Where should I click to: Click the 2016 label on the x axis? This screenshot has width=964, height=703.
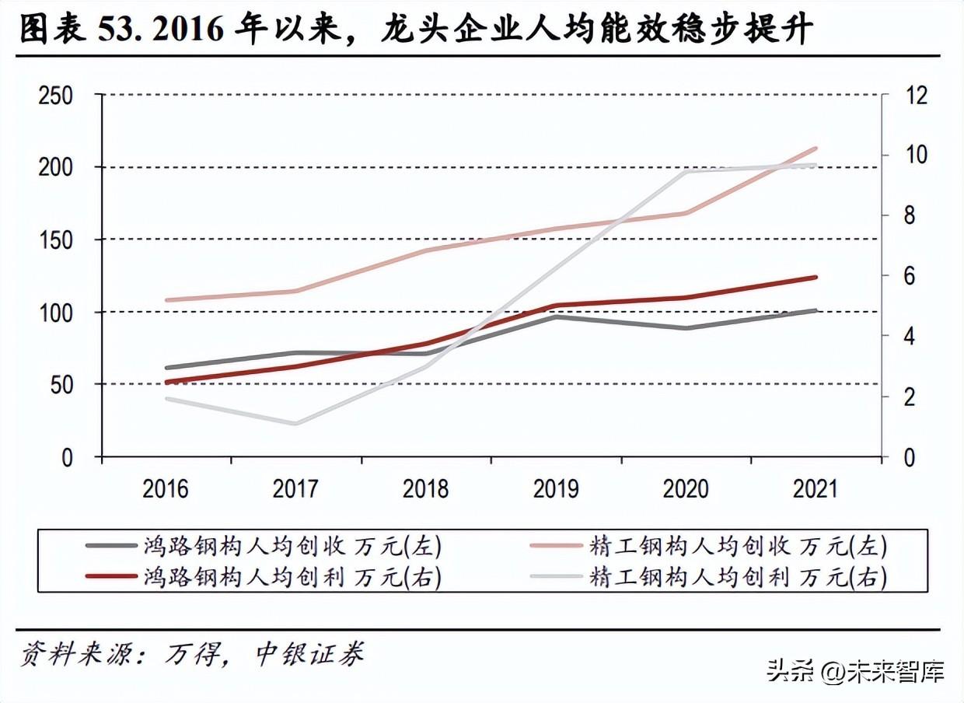(166, 489)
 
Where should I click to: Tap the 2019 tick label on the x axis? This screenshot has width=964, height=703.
(556, 489)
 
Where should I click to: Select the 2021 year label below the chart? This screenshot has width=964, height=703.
(816, 489)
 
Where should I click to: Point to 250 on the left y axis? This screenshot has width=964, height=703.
(56, 96)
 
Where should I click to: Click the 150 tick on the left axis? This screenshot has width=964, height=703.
(56, 240)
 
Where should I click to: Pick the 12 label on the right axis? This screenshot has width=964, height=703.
(917, 96)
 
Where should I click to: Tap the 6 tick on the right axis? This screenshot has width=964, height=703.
(909, 276)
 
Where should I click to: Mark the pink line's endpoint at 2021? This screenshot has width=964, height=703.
(816, 148)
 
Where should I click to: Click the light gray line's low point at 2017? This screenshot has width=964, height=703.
(295, 424)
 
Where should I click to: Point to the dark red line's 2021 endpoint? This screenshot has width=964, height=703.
(816, 277)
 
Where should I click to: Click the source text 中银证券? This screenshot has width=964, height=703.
(309, 654)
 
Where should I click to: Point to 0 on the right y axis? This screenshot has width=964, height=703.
(909, 457)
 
